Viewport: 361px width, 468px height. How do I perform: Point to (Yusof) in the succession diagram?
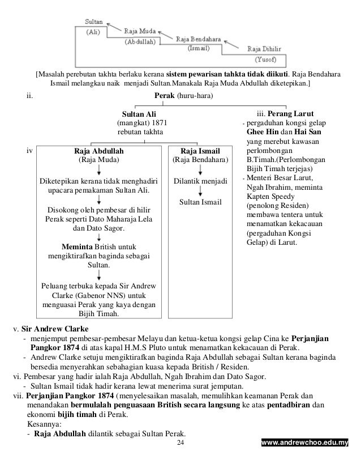(266, 59)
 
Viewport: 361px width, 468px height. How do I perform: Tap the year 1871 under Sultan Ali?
(158, 122)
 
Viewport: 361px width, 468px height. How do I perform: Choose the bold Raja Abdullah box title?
(99, 152)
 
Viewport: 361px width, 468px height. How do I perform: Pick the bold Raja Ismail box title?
(200, 152)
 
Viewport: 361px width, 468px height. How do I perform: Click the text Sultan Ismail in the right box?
(200, 202)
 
